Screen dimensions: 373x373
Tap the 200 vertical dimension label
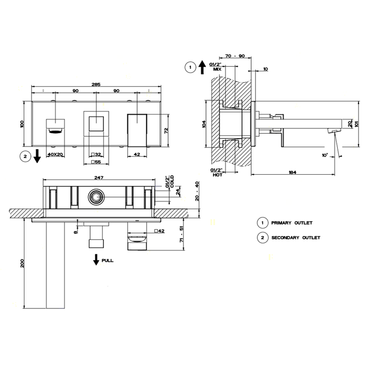click(x=22, y=263)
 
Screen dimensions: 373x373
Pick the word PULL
click(x=107, y=261)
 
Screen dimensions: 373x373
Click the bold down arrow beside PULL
click(x=96, y=260)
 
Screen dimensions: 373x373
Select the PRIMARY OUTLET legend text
click(x=291, y=223)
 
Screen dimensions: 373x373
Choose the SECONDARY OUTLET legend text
click(x=296, y=238)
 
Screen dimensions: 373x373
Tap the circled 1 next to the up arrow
click(x=189, y=67)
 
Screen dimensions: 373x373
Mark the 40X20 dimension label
click(x=55, y=154)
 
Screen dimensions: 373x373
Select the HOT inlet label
click(x=217, y=174)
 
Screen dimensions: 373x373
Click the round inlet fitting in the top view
click(x=96, y=197)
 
